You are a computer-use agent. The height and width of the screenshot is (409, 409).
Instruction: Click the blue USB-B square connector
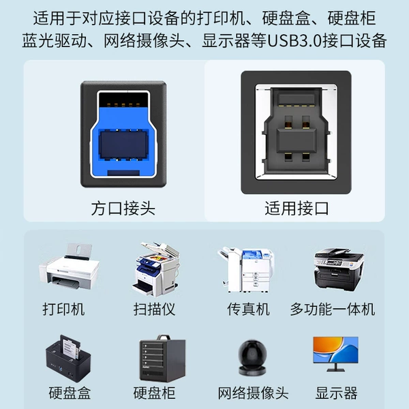click(123, 134)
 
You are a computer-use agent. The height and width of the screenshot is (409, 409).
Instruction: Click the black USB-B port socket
click(296, 132)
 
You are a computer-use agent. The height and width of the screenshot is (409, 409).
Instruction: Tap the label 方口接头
click(123, 209)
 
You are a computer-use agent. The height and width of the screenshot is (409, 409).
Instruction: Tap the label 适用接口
click(297, 208)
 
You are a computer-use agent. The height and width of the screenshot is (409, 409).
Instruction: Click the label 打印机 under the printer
click(63, 309)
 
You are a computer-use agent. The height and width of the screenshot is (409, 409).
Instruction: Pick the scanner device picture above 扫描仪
click(156, 269)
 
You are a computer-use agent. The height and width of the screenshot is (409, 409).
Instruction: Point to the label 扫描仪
click(155, 309)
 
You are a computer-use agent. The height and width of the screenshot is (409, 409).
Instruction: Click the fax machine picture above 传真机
click(246, 270)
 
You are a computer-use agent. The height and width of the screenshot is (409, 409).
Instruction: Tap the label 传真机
click(248, 309)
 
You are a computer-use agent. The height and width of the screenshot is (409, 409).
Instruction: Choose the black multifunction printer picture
click(339, 268)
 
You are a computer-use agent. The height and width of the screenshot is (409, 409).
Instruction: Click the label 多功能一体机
click(333, 309)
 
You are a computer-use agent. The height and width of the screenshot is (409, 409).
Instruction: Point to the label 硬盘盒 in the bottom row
click(70, 393)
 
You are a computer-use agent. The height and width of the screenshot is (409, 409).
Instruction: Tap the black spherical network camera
click(252, 357)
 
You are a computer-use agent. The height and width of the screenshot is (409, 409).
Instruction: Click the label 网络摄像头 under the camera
click(254, 393)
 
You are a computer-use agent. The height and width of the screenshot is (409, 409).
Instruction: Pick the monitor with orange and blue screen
click(335, 354)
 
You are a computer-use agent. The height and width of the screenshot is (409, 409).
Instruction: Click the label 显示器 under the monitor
click(336, 393)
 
